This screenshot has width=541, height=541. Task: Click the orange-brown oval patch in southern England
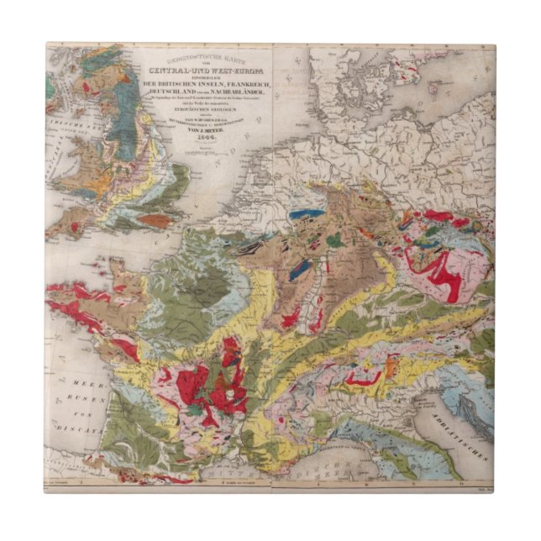(x=154, y=221)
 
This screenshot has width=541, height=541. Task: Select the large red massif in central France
(x=223, y=378)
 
